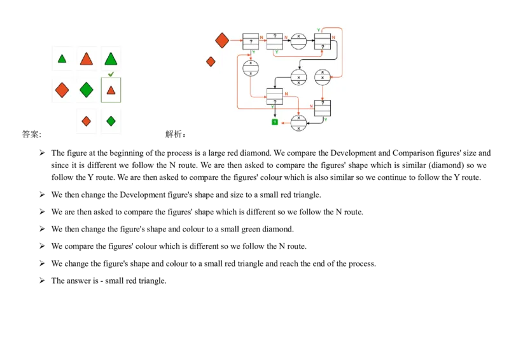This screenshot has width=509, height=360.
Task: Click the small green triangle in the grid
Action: (62, 59)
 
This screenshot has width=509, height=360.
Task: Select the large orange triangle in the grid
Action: (87, 59)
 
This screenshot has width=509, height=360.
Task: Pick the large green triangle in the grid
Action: (111, 59)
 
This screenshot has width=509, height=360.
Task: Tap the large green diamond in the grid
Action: (87, 90)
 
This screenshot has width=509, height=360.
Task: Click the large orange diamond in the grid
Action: (62, 90)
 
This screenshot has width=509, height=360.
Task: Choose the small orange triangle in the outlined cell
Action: (111, 90)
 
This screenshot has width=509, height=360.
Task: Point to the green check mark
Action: (111, 74)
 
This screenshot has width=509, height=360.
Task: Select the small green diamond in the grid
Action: (111, 121)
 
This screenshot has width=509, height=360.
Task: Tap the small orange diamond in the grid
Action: (87, 121)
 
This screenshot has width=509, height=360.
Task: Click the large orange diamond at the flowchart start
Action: (222, 41)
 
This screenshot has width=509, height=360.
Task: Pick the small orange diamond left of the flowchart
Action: (211, 62)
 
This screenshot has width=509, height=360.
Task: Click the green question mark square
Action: (275, 121)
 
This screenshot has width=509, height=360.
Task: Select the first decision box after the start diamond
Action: (251, 41)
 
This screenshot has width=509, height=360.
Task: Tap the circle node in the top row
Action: (298, 41)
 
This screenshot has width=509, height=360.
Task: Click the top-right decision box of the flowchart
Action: (323, 41)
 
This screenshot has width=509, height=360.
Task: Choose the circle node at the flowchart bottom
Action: (298, 123)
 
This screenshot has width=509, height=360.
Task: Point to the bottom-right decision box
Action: (323, 108)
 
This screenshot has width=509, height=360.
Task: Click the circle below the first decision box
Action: (251, 68)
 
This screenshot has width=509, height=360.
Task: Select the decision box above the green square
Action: (275, 96)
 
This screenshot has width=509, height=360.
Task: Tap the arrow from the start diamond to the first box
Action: (236, 41)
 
